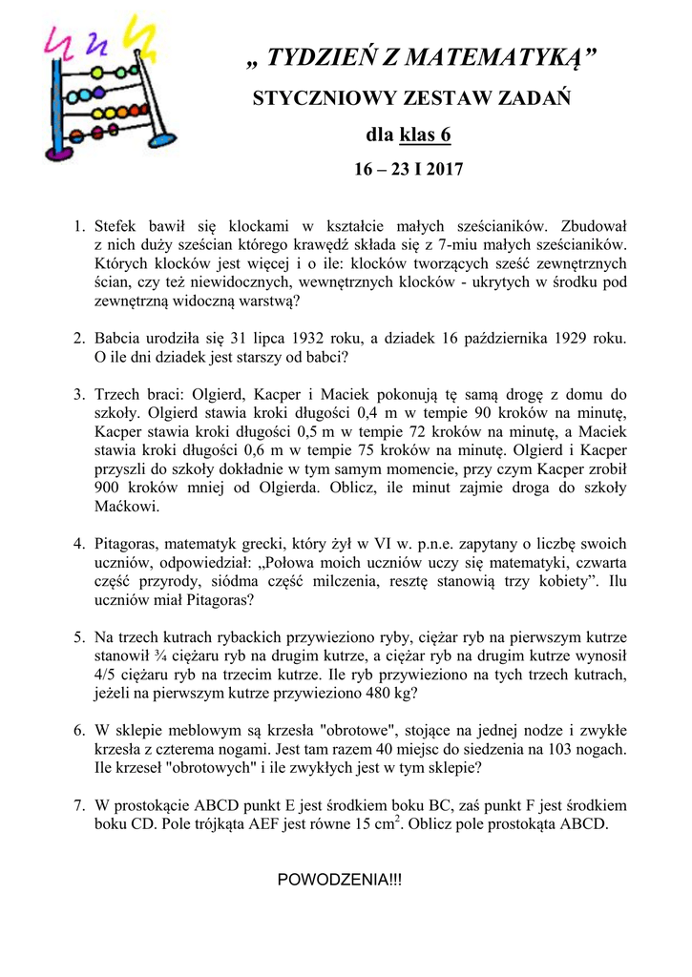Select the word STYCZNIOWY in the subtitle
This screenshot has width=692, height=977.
pos(315,99)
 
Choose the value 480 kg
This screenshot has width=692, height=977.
pos(389,694)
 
